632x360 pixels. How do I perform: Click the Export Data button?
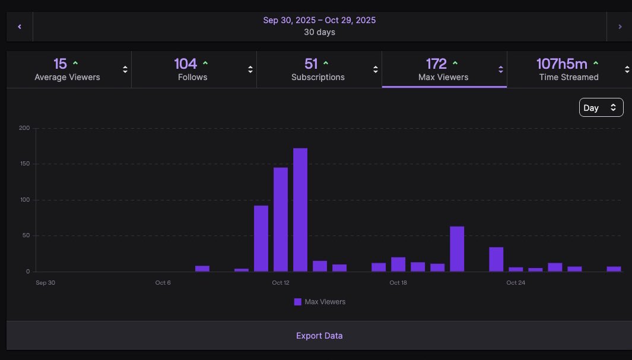coord(319,336)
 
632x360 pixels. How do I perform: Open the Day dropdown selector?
coord(601,107)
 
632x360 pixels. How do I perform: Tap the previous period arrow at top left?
coord(20,27)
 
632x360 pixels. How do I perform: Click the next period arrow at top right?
coord(620,27)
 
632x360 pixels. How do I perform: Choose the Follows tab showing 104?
coord(192,69)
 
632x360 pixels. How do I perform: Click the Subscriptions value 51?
coord(311,63)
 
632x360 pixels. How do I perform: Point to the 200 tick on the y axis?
coord(24,128)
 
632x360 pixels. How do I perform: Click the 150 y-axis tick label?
coord(24,164)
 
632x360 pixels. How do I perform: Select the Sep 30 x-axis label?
coord(45,283)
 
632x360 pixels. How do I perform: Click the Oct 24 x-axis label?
coord(516,283)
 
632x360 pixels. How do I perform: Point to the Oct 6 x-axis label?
coord(163,283)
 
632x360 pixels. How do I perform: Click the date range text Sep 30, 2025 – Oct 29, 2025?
coord(319,20)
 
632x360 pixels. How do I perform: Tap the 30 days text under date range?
coord(319,32)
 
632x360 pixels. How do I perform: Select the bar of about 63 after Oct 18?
coord(457,249)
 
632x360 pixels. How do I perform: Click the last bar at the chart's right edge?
coord(614,269)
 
